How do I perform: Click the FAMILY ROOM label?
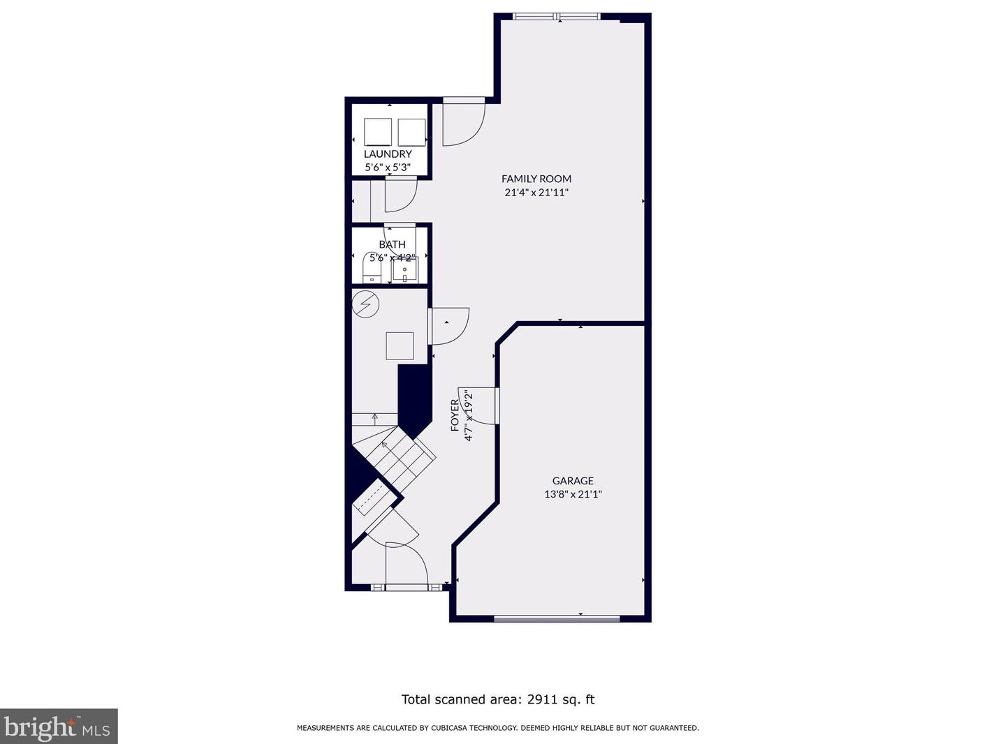tap(536, 179)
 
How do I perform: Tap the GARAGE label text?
tap(573, 480)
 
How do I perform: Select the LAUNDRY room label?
tap(388, 154)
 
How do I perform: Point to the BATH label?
tap(392, 244)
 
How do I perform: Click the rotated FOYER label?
tap(455, 415)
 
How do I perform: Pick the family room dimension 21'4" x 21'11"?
tap(536, 192)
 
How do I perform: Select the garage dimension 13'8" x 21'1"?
tap(573, 493)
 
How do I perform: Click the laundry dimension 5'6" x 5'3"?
tap(388, 168)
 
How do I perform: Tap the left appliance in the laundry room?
tap(378, 132)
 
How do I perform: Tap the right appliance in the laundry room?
tap(411, 132)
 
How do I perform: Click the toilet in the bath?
tap(372, 268)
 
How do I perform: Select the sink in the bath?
tap(404, 270)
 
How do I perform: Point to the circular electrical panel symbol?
tap(365, 304)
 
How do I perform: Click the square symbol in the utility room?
tap(400, 346)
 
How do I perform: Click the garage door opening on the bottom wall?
tap(557, 618)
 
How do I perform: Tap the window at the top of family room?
tap(557, 17)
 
